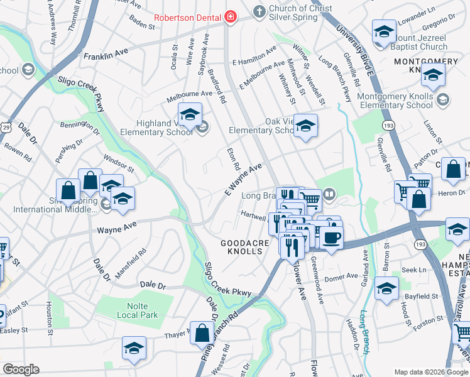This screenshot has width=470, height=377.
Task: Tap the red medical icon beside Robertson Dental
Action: pyautogui.click(x=231, y=16)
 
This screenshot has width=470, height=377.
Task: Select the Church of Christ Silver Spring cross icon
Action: pyautogui.click(x=258, y=11)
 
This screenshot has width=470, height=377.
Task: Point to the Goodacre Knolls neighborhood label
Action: pyautogui.click(x=244, y=247)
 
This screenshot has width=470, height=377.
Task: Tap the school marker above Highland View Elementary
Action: pyautogui.click(x=189, y=114)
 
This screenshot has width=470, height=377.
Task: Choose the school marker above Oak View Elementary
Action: pyautogui.click(x=305, y=126)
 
